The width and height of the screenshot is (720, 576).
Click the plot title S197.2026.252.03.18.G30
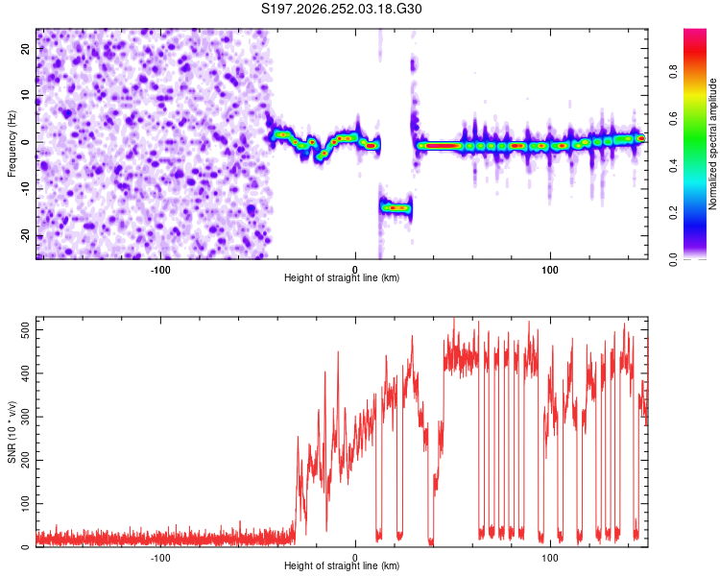click(x=341, y=9)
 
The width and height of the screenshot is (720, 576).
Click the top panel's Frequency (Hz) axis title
click(x=12, y=144)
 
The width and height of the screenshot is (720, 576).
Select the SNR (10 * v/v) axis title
click(x=12, y=432)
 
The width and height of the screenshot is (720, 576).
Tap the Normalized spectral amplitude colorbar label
click(x=712, y=144)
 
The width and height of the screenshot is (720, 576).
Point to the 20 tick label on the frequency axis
click(x=26, y=49)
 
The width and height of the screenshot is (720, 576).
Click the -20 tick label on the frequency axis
click(x=26, y=236)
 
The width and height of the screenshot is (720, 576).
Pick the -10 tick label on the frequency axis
click(x=26, y=189)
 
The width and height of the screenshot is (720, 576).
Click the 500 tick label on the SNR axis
click(x=26, y=329)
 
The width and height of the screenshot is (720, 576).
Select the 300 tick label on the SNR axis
click(x=26, y=417)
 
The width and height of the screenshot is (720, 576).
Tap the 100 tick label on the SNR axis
click(x=26, y=503)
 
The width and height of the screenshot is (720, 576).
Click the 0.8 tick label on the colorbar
click(x=673, y=72)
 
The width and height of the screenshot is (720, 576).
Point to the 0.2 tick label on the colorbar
click(x=673, y=213)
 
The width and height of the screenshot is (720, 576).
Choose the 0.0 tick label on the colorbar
click(x=673, y=259)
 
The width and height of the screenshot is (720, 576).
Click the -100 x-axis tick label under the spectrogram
click(x=160, y=270)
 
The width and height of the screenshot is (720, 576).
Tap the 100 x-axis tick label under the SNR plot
click(x=550, y=558)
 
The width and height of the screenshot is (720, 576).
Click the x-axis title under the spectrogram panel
click(x=342, y=277)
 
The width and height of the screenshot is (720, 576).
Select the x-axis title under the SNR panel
click(x=342, y=565)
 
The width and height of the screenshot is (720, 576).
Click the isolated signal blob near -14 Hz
click(x=396, y=208)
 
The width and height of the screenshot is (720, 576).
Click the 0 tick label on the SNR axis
click(x=26, y=546)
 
